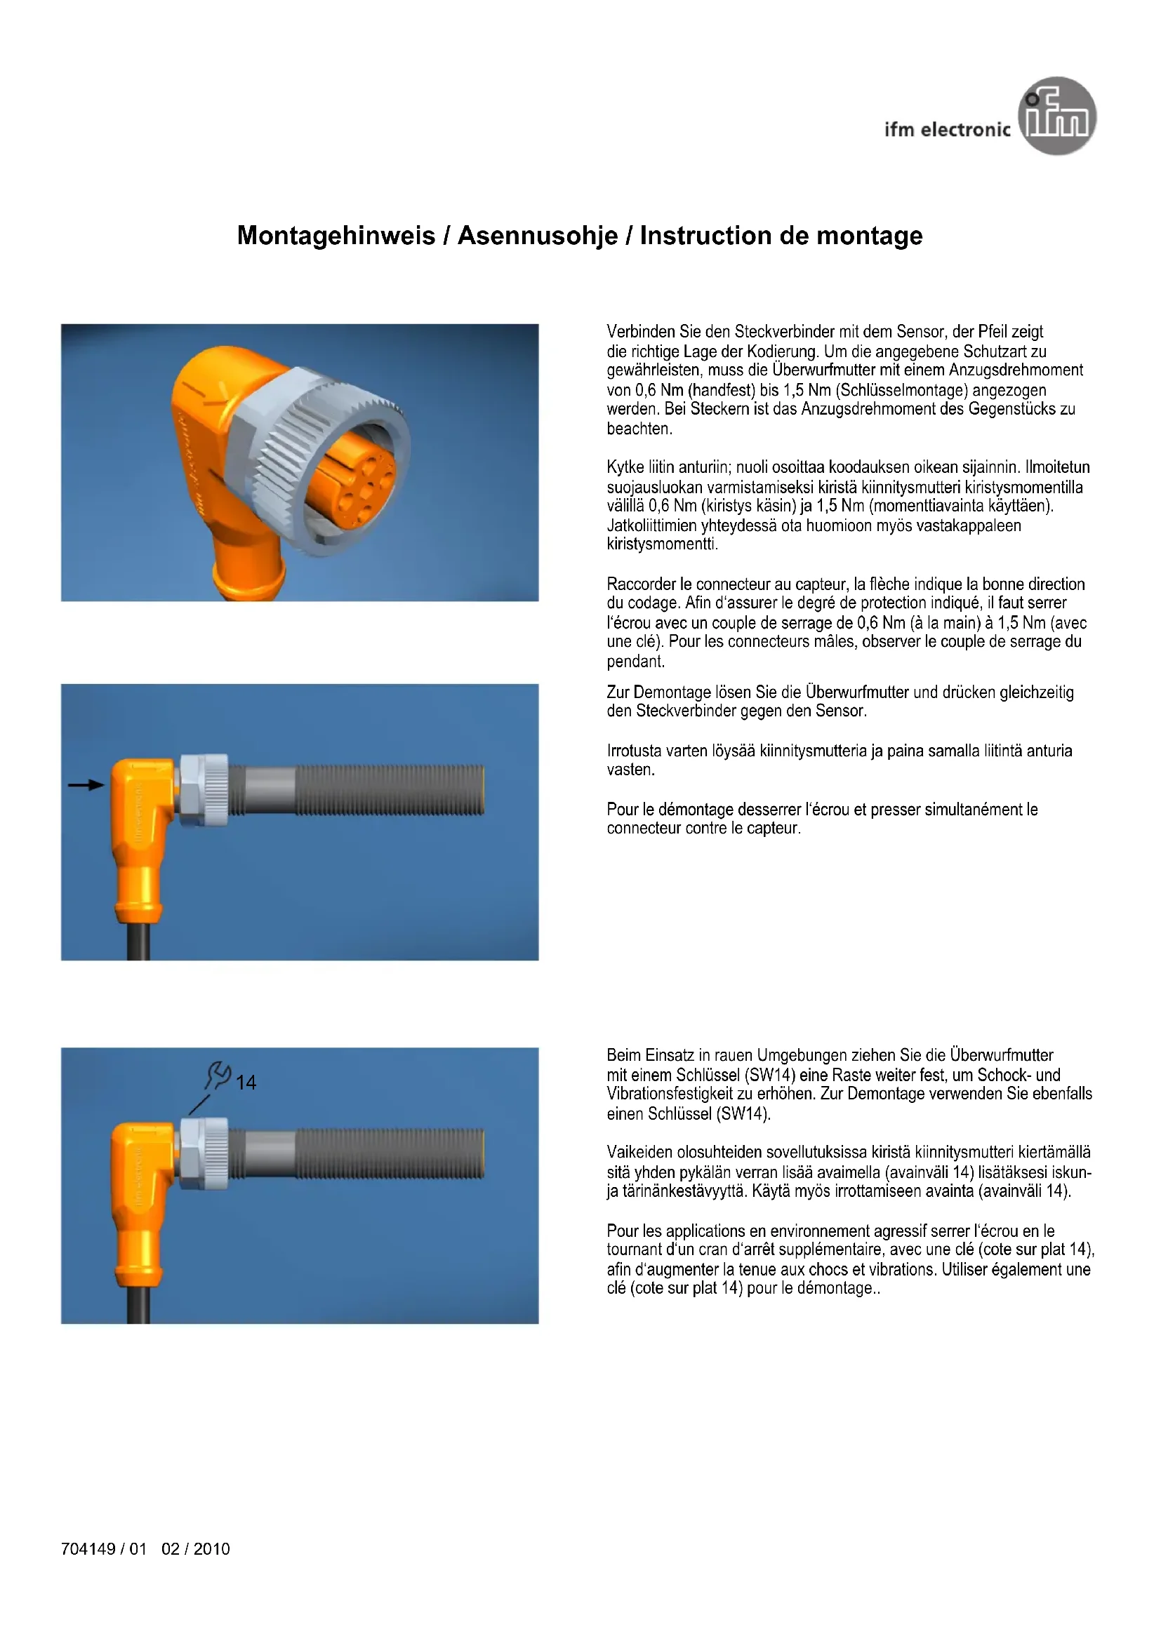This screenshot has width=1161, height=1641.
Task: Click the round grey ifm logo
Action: [x=1056, y=116]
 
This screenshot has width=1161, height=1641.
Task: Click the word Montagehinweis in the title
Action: [x=336, y=236]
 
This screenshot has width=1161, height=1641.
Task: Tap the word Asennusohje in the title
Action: [x=538, y=236]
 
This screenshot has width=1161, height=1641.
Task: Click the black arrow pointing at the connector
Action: [x=86, y=785]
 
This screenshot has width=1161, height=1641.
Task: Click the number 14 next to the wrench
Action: [x=246, y=1083]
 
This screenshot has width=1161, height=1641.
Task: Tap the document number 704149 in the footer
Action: [x=88, y=1549]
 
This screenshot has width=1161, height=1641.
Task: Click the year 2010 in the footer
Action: [x=211, y=1549]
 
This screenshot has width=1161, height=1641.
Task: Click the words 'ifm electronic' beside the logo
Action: [x=947, y=129]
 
